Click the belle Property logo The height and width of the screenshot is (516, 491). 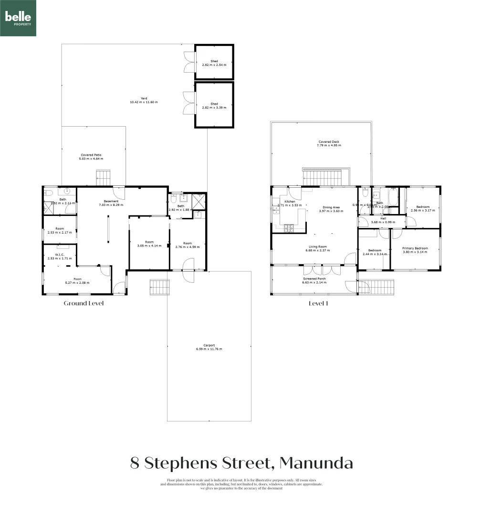[x=18, y=18]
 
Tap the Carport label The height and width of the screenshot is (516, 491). [x=209, y=345]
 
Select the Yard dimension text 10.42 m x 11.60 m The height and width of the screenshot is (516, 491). [x=144, y=102]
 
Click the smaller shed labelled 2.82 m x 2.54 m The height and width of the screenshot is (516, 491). [x=214, y=62]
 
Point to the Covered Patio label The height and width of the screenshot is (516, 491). [x=91, y=155]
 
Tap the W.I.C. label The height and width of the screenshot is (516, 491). [x=60, y=255]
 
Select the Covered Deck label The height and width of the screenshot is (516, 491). [x=329, y=142]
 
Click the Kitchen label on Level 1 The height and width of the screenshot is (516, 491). [x=290, y=202]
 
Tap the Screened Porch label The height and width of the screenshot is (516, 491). [x=314, y=279]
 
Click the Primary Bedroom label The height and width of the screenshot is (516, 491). [x=415, y=248]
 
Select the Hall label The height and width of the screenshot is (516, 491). [x=383, y=218]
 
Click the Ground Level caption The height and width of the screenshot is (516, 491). [x=84, y=303]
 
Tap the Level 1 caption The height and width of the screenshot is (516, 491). [x=318, y=303]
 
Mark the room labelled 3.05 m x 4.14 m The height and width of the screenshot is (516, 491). [x=149, y=244]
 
